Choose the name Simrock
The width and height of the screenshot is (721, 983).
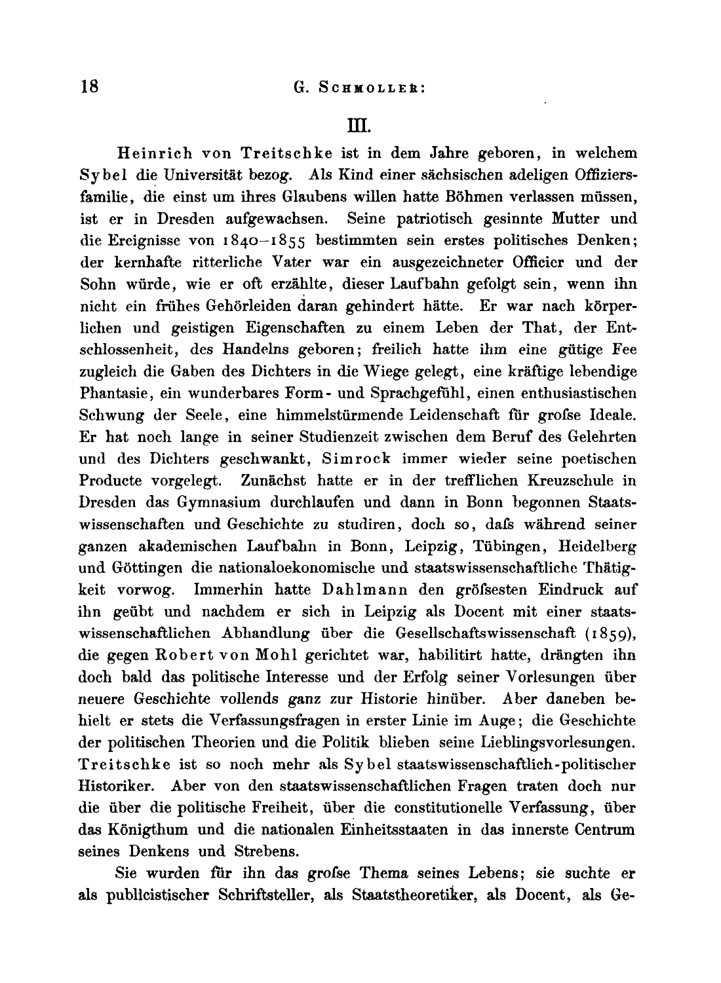click(355, 459)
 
